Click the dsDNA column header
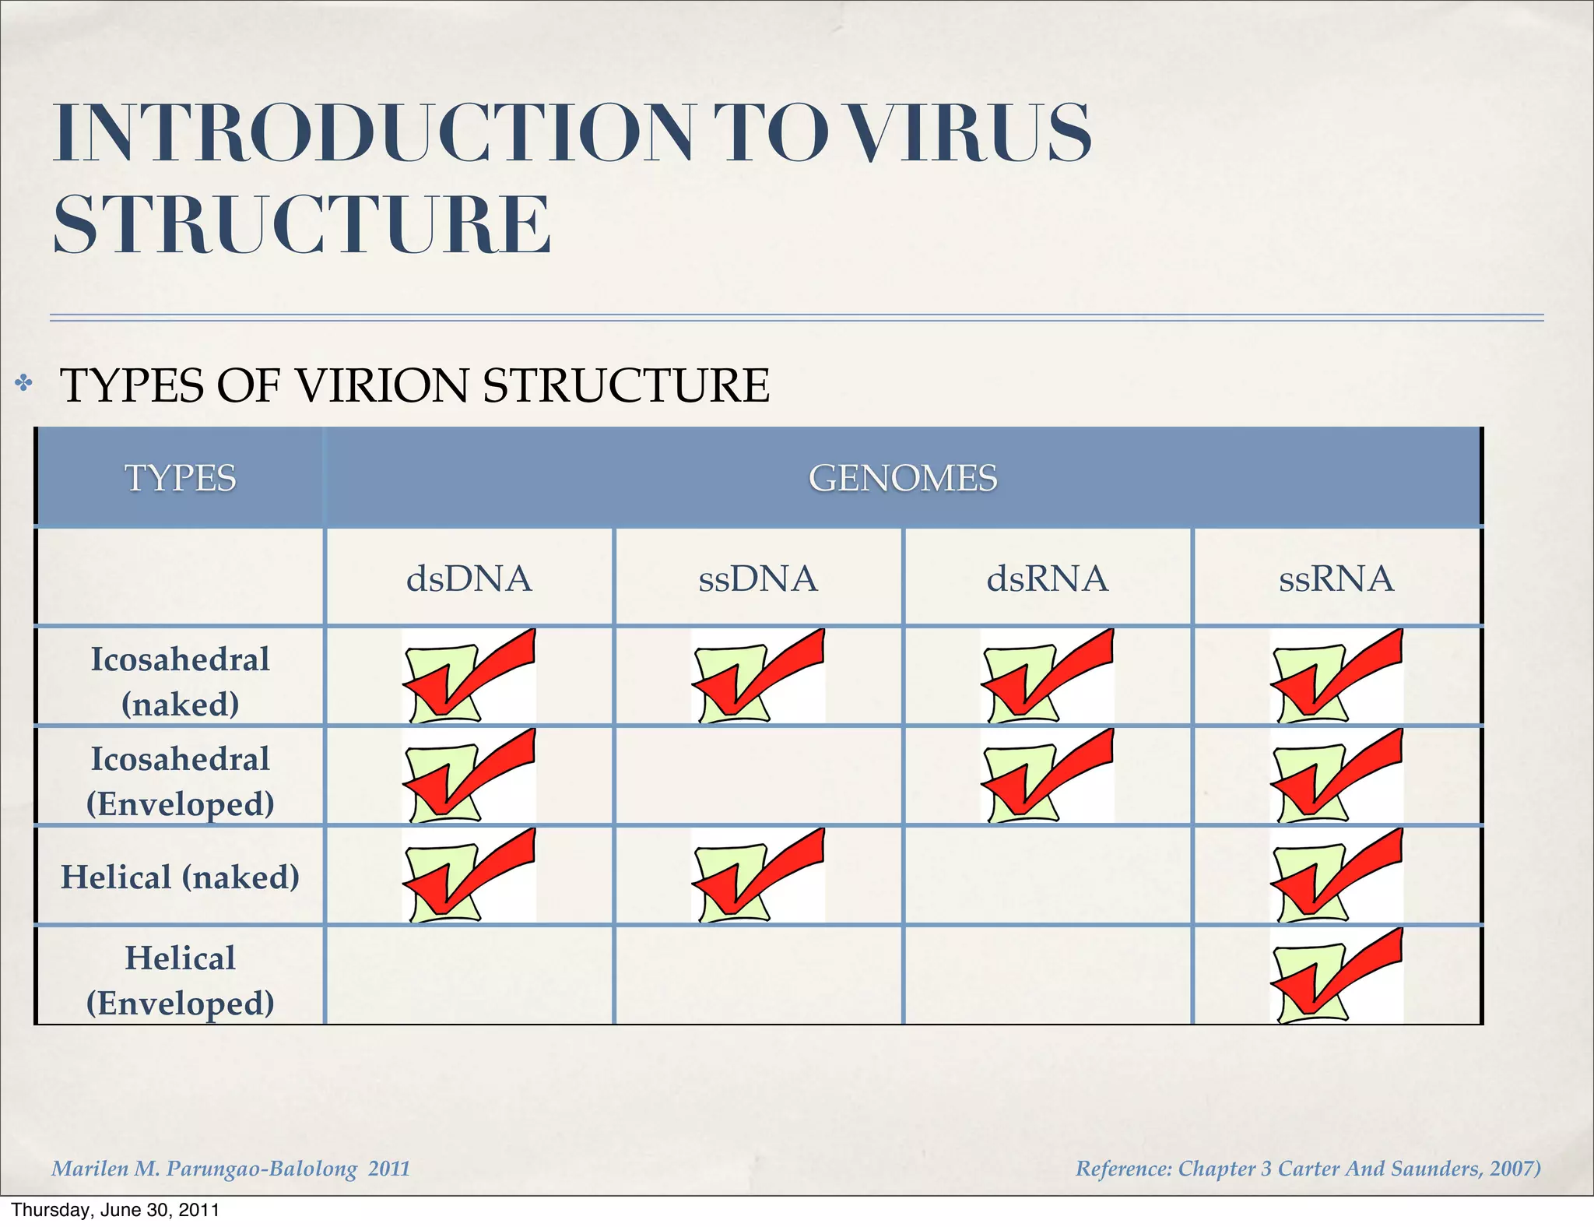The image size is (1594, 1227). (x=469, y=578)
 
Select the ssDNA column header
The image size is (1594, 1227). (x=758, y=578)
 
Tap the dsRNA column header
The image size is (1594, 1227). (x=1048, y=578)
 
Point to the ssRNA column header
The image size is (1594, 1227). (x=1336, y=578)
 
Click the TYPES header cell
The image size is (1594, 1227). (x=181, y=477)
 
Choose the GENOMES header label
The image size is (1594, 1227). (x=903, y=477)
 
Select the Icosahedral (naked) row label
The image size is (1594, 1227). (x=181, y=681)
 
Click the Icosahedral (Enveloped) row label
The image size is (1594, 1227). (x=181, y=781)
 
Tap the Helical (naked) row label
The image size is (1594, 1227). (x=181, y=877)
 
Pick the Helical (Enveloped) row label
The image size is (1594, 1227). (x=181, y=980)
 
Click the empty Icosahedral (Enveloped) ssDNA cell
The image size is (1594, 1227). (x=758, y=776)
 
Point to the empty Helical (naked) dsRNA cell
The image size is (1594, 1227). (x=1048, y=876)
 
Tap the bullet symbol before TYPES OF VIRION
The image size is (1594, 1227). (x=24, y=383)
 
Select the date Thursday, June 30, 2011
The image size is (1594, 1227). (x=115, y=1210)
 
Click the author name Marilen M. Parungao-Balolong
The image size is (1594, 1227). (x=205, y=1169)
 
